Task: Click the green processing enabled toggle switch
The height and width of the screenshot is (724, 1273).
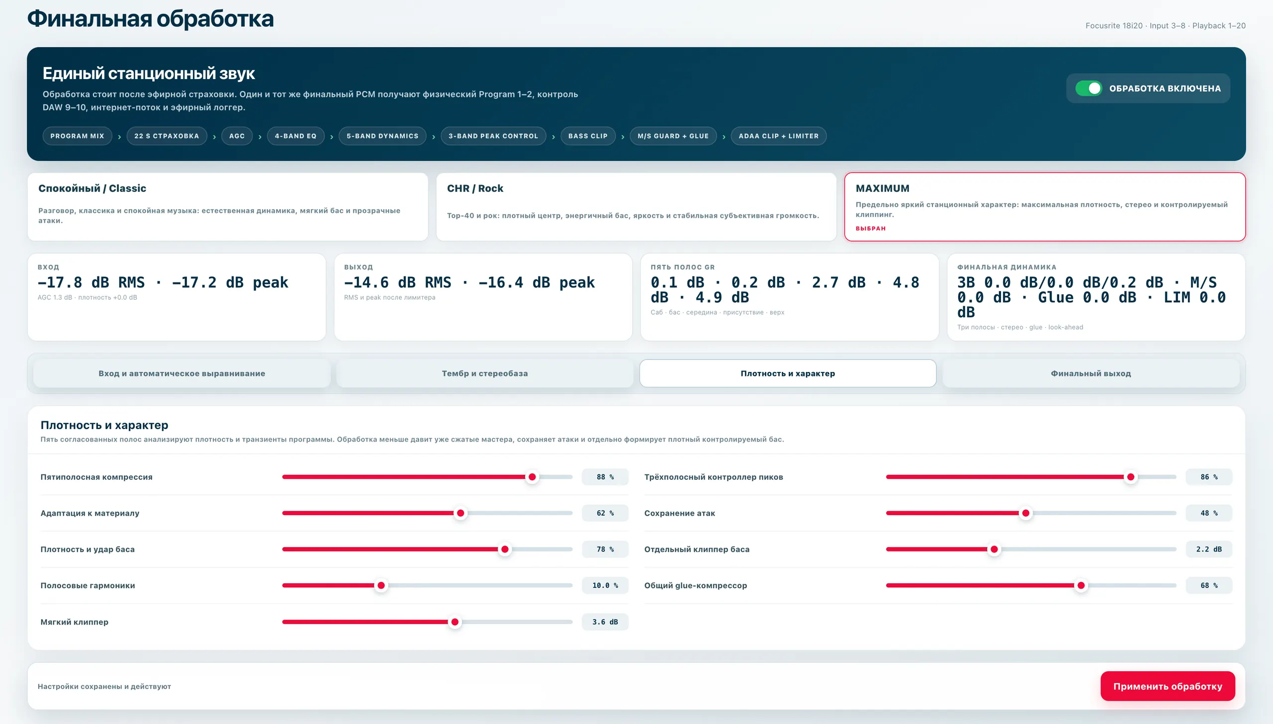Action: pyautogui.click(x=1089, y=89)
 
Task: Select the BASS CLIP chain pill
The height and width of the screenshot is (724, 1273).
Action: pyautogui.click(x=588, y=136)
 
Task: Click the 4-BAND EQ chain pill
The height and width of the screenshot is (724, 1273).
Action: pyautogui.click(x=295, y=136)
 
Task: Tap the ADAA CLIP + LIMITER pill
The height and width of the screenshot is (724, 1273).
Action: pyautogui.click(x=778, y=136)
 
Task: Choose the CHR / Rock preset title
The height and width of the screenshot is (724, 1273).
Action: pyautogui.click(x=475, y=188)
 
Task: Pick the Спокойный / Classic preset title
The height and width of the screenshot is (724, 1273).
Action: pyautogui.click(x=92, y=188)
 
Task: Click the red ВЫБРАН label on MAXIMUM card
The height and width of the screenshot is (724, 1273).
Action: pyautogui.click(x=870, y=229)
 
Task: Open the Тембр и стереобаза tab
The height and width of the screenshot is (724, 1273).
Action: pyautogui.click(x=485, y=373)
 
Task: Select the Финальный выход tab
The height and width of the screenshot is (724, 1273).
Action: pyautogui.click(x=1091, y=373)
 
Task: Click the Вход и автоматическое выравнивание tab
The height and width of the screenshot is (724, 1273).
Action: pyautogui.click(x=182, y=373)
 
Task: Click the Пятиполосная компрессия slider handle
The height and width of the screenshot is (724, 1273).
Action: pyautogui.click(x=532, y=477)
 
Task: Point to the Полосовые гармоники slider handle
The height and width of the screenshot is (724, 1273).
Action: pyautogui.click(x=381, y=586)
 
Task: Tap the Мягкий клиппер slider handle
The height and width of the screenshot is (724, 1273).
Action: pyautogui.click(x=455, y=622)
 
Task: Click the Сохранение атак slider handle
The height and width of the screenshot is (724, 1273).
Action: pyautogui.click(x=1025, y=513)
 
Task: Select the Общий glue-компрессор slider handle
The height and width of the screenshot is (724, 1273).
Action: pyautogui.click(x=1081, y=586)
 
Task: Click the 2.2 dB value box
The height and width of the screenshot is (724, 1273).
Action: pyautogui.click(x=1209, y=549)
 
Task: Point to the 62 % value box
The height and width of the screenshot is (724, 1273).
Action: pyautogui.click(x=605, y=513)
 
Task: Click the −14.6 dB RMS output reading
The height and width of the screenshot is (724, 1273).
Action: pyautogui.click(x=397, y=282)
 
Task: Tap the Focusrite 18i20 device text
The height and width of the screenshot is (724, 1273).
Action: pyautogui.click(x=1114, y=26)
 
